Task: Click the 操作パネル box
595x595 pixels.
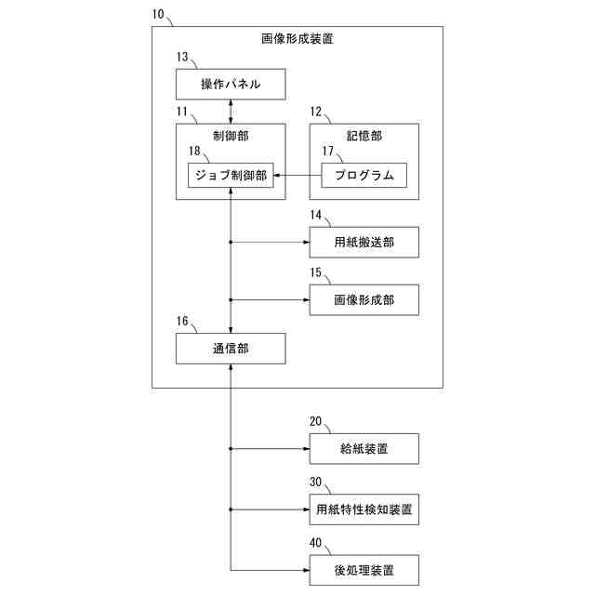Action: pyautogui.click(x=230, y=86)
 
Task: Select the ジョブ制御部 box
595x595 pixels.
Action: pyautogui.click(x=230, y=175)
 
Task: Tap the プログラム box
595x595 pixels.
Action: pyautogui.click(x=364, y=175)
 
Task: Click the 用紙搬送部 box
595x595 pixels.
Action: pyautogui.click(x=364, y=242)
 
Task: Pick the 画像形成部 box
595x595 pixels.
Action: pyautogui.click(x=364, y=300)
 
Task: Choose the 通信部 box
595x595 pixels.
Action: pyautogui.click(x=230, y=349)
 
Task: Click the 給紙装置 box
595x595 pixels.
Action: pyautogui.click(x=364, y=449)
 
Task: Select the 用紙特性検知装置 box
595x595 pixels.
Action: pyautogui.click(x=364, y=509)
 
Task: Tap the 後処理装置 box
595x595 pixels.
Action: pyautogui.click(x=364, y=568)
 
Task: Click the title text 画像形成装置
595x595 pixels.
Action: pyautogui.click(x=297, y=40)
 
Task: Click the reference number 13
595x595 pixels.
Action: pyautogui.click(x=182, y=58)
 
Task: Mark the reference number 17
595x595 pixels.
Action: pyautogui.click(x=327, y=151)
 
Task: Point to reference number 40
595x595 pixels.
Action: pyautogui.click(x=316, y=541)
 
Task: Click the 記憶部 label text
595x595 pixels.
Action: pyautogui.click(x=364, y=135)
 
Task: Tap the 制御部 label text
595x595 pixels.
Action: pyautogui.click(x=230, y=135)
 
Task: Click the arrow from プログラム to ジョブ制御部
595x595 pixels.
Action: pyautogui.click(x=297, y=175)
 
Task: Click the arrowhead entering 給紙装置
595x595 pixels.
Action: pyautogui.click(x=306, y=449)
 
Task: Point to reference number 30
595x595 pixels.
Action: pyautogui.click(x=316, y=482)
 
